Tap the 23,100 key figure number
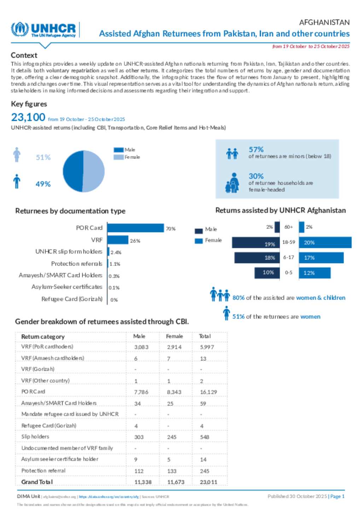tap(28, 117)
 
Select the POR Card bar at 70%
tap(135, 228)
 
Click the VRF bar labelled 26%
tap(118, 240)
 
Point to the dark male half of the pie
tap(73, 171)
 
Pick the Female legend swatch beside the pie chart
tap(118, 157)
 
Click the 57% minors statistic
tap(256, 149)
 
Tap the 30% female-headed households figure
tap(256, 176)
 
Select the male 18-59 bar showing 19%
tap(256, 243)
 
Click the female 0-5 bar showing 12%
tap(315, 273)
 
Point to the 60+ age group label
tap(288, 227)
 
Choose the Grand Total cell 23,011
tap(209, 482)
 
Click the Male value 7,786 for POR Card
tap(141, 392)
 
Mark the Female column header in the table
tap(174, 336)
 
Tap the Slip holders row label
tap(35, 437)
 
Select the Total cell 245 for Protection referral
tap(204, 471)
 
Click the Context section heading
tap(24, 55)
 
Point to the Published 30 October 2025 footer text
tap(297, 496)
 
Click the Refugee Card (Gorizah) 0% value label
tap(114, 300)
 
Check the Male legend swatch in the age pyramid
tap(199, 231)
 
